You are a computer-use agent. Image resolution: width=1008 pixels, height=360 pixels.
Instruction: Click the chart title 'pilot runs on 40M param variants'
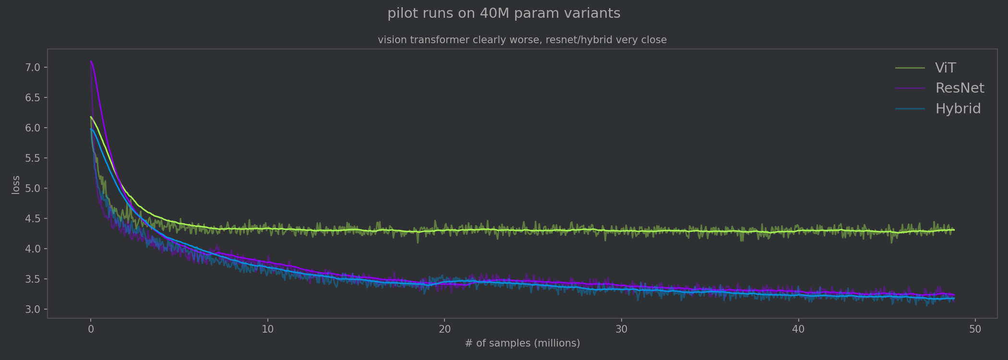click(504, 13)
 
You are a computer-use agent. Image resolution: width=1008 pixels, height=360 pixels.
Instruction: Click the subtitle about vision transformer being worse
click(522, 40)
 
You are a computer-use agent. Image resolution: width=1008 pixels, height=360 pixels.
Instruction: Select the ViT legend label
click(945, 68)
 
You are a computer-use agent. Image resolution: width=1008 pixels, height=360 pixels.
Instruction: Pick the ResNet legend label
click(959, 88)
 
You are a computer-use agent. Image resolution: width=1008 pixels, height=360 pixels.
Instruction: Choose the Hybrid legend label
click(958, 109)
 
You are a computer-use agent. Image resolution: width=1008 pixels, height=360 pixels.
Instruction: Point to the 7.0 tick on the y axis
click(33, 67)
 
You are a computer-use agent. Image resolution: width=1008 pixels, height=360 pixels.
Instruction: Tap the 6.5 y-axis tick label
click(33, 97)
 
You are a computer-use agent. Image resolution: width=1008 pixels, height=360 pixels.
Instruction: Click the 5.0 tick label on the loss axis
click(33, 188)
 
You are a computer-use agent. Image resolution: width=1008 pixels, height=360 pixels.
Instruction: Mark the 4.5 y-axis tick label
click(33, 218)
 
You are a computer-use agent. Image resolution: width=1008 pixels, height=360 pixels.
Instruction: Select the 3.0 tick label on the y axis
click(33, 309)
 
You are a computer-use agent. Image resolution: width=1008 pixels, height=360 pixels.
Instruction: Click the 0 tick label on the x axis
click(91, 329)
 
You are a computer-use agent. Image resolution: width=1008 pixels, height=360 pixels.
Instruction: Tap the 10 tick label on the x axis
click(267, 329)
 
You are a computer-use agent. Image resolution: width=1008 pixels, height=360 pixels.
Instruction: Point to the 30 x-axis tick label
click(621, 329)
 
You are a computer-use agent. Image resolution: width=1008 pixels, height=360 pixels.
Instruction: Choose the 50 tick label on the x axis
click(975, 329)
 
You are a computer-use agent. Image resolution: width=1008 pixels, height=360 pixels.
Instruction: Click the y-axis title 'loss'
click(16, 185)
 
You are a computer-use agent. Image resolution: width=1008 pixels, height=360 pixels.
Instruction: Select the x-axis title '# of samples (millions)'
click(522, 344)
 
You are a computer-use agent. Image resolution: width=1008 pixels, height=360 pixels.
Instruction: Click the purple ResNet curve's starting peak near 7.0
click(91, 61)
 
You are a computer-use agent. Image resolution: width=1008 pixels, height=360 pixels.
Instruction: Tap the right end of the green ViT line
click(953, 230)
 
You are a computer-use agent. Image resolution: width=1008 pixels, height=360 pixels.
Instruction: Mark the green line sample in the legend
click(910, 68)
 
